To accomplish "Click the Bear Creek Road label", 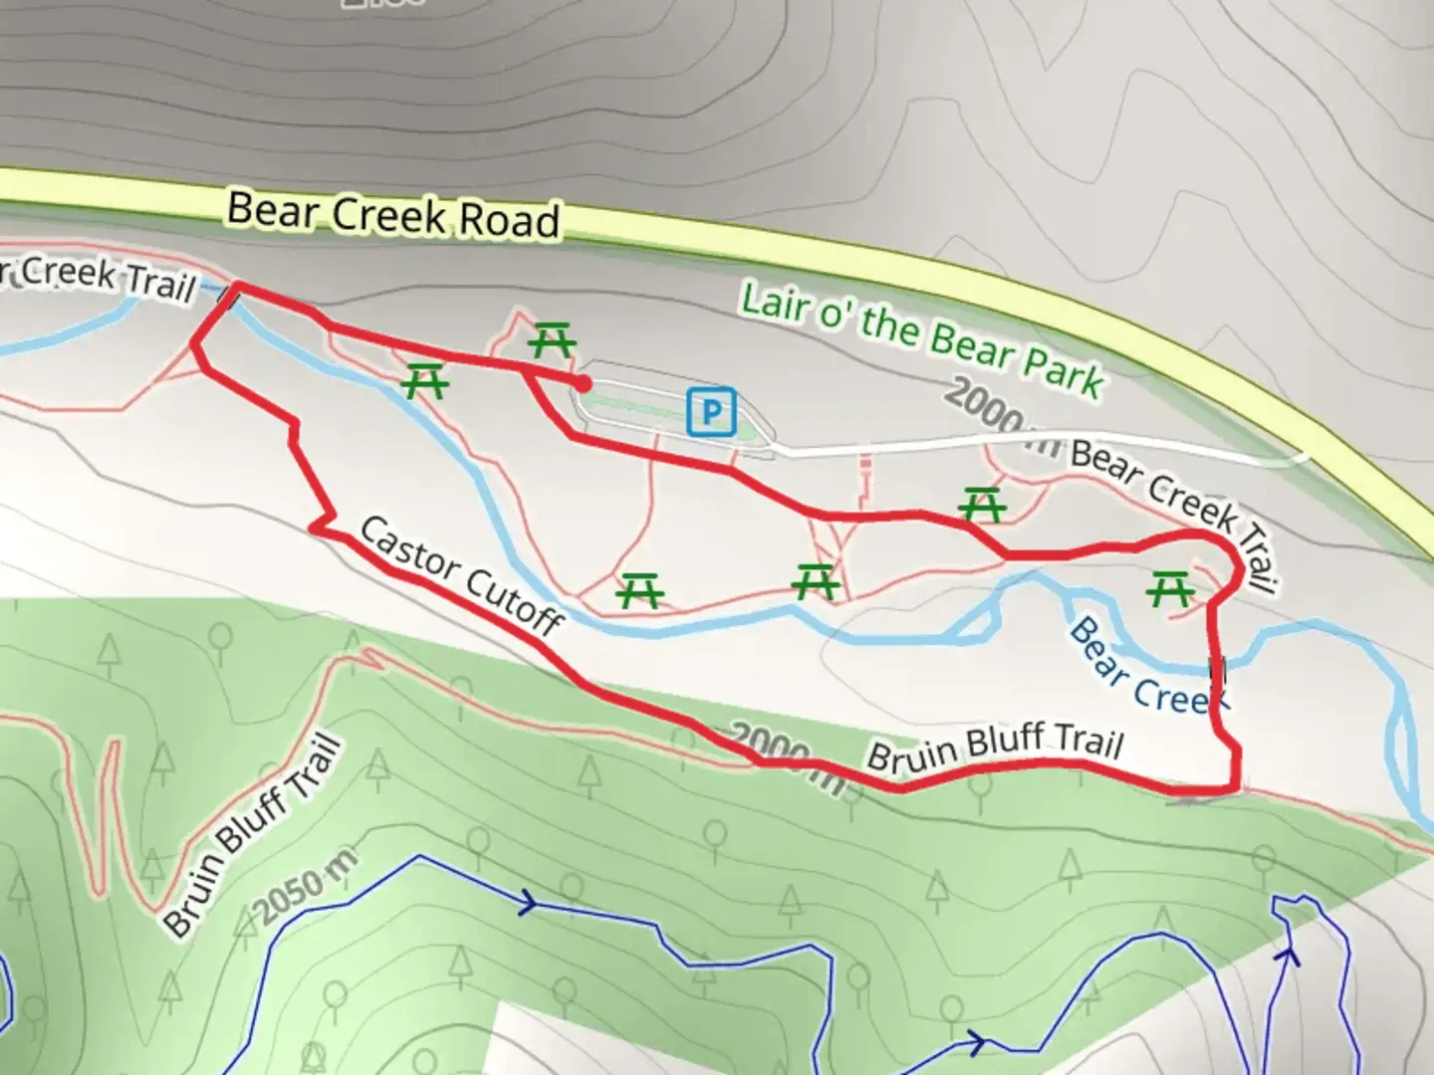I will [x=393, y=213].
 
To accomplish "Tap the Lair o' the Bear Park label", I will [x=922, y=339].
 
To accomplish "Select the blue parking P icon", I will [x=711, y=410].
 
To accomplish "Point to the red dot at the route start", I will [x=582, y=381].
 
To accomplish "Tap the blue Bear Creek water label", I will [x=1145, y=667].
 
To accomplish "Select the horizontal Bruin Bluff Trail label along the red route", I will [x=995, y=749].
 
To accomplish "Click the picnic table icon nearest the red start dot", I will [x=552, y=340].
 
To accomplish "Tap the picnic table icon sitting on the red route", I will [x=983, y=505].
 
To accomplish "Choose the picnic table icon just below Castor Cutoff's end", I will [x=639, y=591].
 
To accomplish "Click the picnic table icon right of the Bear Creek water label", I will [x=1169, y=590].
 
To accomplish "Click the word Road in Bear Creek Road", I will [x=507, y=219].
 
